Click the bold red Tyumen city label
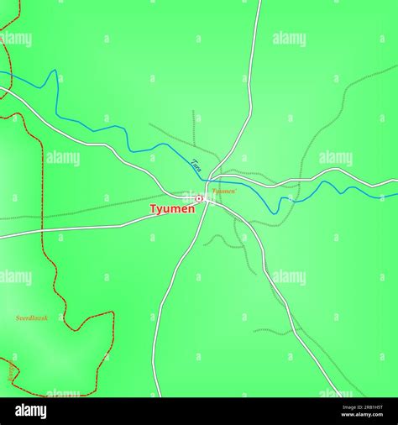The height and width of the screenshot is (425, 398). pos(172,209)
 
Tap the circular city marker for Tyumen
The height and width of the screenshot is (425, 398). pos(199,198)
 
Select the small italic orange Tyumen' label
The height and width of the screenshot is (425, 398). pos(224,192)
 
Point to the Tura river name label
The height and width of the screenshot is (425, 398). pos(196,165)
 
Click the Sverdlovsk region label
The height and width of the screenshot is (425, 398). pos(32,318)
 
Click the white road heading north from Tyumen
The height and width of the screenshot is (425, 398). pos(249,84)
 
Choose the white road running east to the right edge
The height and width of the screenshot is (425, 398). pos(336,171)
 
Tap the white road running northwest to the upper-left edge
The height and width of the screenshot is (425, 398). pos(84,139)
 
